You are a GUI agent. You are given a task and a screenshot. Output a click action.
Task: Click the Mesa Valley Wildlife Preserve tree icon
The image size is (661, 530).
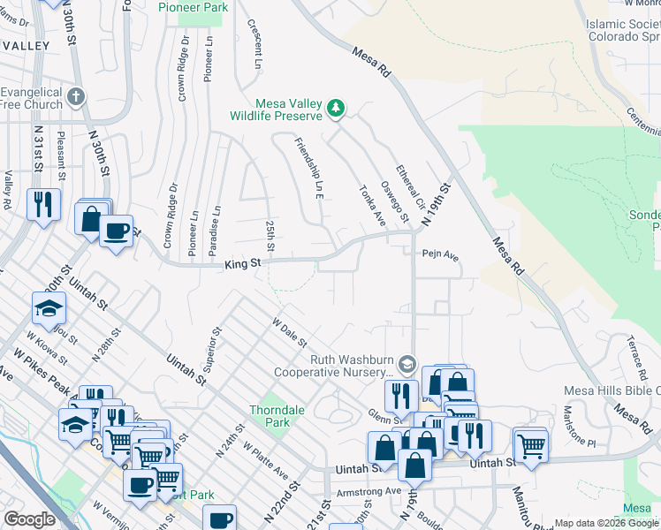336,109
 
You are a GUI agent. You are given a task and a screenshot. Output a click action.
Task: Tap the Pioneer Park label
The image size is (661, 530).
193,7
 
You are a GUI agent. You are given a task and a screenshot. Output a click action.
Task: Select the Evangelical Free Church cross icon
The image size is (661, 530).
77,95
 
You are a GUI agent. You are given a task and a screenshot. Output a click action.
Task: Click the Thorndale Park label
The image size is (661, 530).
270,416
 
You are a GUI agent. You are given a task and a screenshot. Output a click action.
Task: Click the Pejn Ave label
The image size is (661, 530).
440,255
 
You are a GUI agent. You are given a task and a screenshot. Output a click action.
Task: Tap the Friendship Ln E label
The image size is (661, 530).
308,168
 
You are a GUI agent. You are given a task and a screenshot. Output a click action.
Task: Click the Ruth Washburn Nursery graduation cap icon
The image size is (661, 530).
406,364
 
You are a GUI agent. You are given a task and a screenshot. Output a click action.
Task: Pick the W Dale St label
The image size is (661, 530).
289,333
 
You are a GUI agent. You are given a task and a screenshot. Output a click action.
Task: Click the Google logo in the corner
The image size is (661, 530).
29,519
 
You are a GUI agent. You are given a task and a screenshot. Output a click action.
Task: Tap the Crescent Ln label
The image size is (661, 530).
255,44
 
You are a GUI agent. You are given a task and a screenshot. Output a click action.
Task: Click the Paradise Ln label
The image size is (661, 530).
215,232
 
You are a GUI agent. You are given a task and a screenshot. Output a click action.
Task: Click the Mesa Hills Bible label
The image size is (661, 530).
612,390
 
